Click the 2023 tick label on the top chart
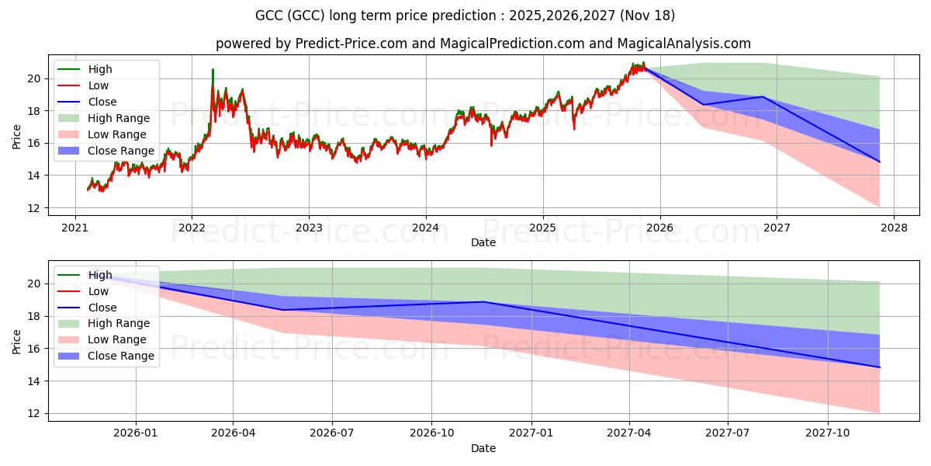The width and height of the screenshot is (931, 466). [x=309, y=228]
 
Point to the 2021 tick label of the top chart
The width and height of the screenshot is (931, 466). [x=74, y=228]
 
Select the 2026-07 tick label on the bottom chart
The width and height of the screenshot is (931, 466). [x=332, y=433]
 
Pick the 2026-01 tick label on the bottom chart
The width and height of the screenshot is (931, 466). [x=135, y=433]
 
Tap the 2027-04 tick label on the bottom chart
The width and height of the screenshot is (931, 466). [x=630, y=433]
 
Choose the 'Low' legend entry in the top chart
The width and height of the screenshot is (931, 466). [x=99, y=85]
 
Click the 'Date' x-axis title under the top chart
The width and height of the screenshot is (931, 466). [x=483, y=242]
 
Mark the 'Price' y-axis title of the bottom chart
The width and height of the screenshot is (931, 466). [x=17, y=341]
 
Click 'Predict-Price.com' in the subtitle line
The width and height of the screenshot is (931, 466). [x=351, y=43]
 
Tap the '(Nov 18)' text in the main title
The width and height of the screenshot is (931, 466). [x=651, y=16]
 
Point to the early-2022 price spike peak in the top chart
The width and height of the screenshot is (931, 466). [x=213, y=70]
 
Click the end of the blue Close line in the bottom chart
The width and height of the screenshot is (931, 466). [x=880, y=367]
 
